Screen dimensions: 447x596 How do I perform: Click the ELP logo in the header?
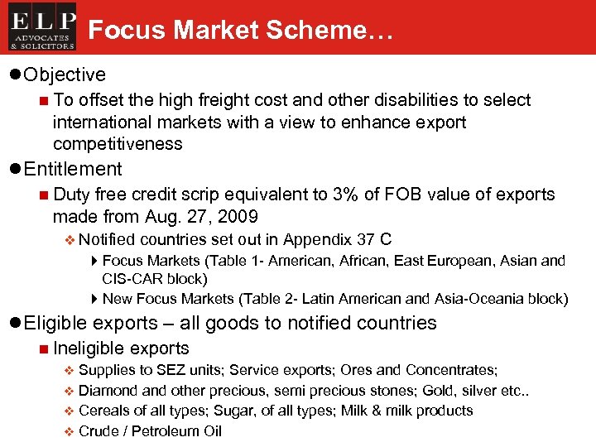[x=42, y=27]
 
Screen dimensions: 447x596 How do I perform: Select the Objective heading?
[x=65, y=74]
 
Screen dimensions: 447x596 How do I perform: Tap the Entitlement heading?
[x=73, y=169]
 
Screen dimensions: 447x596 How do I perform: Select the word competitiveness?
[x=118, y=144]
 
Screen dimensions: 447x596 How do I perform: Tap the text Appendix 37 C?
[x=337, y=240]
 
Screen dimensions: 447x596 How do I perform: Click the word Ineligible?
[x=89, y=348]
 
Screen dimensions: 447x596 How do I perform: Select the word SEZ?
[x=156, y=370]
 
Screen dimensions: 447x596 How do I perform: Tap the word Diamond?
[x=105, y=390]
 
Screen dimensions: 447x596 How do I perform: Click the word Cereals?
[x=103, y=411]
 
